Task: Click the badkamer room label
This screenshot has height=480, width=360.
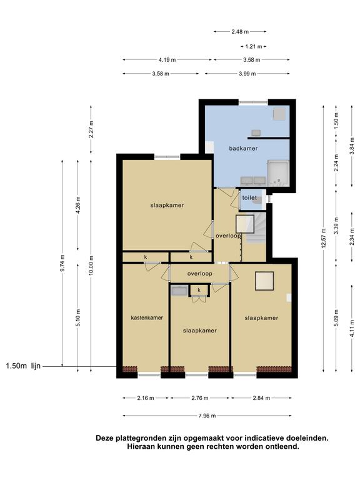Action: tap(243, 149)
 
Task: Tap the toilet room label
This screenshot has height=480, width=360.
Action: tap(249, 197)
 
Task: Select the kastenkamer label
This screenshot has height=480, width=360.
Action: tap(147, 317)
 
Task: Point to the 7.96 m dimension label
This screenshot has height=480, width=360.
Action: tap(207, 416)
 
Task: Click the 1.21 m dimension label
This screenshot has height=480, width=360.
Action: tap(254, 46)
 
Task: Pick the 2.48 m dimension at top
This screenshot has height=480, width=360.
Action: tap(240, 31)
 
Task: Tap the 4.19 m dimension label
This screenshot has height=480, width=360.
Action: tap(167, 60)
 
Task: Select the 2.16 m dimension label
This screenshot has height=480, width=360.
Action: tap(146, 398)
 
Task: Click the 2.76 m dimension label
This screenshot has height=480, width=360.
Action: tap(200, 398)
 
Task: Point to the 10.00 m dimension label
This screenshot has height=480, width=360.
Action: tap(91, 266)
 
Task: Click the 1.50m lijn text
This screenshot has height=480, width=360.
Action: tap(23, 366)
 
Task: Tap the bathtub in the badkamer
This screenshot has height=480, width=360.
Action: tap(278, 173)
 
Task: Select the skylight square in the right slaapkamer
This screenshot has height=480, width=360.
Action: tap(264, 281)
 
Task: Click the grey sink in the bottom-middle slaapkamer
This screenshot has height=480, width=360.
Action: tap(179, 291)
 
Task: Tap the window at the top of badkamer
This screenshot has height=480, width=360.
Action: tap(253, 102)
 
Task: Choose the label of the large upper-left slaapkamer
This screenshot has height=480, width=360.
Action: tap(167, 206)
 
